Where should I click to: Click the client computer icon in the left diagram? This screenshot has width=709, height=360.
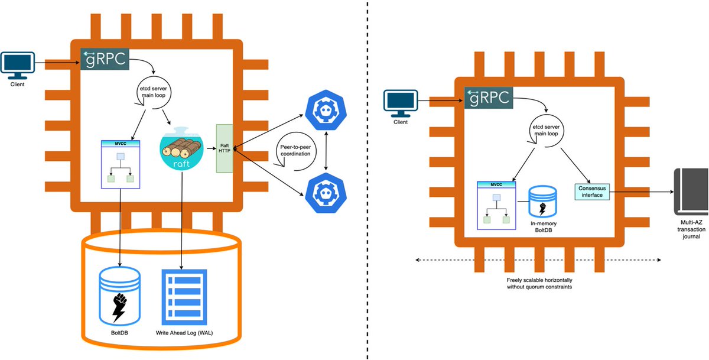click(17, 66)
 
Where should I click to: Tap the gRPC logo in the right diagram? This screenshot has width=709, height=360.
click(489, 99)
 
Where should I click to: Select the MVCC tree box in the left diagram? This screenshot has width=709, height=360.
click(121, 164)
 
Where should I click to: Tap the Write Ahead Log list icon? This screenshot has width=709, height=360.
click(183, 295)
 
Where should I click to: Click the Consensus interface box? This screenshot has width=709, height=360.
click(591, 192)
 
